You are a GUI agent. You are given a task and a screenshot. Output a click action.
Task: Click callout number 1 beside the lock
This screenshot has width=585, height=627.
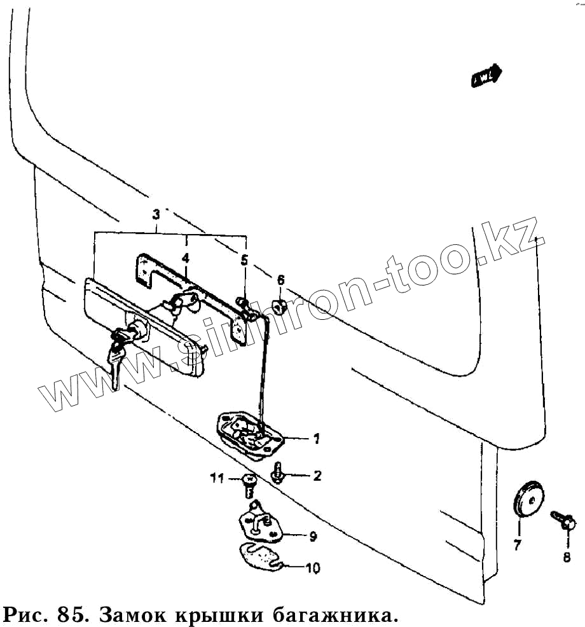click(316, 438)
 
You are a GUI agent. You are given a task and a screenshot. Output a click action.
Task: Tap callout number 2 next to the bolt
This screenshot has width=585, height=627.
click(316, 476)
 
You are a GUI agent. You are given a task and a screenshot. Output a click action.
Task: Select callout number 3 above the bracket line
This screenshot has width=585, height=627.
click(157, 215)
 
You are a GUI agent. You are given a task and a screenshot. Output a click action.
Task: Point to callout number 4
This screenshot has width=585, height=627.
click(185, 258)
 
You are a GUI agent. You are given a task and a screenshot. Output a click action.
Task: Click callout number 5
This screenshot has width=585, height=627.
click(245, 259)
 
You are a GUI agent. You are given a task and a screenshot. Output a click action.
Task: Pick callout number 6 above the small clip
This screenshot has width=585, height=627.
click(280, 279)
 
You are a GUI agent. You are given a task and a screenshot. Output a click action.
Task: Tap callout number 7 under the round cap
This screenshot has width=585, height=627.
click(517, 544)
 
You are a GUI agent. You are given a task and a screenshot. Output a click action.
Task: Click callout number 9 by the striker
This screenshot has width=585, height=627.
click(313, 536)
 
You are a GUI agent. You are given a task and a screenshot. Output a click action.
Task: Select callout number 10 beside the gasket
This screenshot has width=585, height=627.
click(313, 567)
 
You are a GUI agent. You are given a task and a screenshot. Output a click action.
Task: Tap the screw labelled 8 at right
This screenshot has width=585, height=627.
click(563, 519)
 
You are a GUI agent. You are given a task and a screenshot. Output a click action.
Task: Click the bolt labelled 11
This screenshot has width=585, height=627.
click(248, 485)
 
